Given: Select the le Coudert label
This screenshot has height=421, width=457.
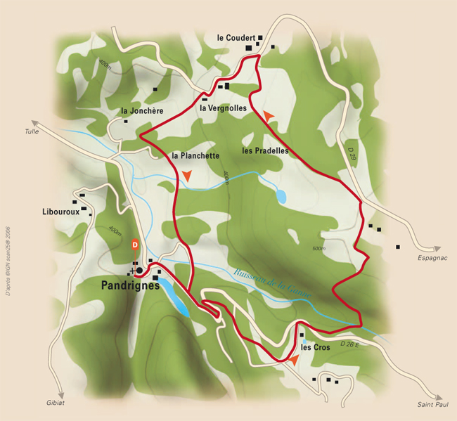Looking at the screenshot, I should [x=236, y=37].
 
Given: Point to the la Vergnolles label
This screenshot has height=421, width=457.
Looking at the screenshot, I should [x=223, y=108].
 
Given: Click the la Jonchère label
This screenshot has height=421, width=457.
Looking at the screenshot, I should [x=142, y=111].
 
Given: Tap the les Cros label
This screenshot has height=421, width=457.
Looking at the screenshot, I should [x=316, y=347].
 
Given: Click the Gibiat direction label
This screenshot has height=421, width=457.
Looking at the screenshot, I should [x=62, y=403].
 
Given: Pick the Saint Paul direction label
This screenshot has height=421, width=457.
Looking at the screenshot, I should [x=429, y=404].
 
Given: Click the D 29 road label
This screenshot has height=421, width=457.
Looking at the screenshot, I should [x=352, y=151].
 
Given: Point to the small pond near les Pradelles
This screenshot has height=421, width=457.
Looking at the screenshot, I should [x=281, y=196].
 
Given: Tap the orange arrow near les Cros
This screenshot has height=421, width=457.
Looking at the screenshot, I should [x=292, y=359].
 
